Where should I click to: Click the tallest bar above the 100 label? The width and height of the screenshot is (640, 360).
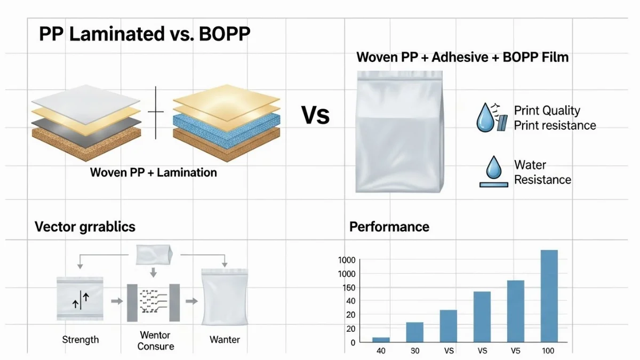[x=549, y=296]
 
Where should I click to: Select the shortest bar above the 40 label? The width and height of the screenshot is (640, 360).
[x=381, y=340]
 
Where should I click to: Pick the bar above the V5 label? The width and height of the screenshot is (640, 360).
[x=516, y=311]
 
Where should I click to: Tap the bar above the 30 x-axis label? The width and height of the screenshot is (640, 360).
[x=414, y=332]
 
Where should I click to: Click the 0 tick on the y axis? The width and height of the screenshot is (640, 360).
[x=353, y=342]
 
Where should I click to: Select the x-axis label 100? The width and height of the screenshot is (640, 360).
[x=548, y=350]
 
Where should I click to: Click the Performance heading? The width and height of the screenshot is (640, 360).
[x=389, y=227]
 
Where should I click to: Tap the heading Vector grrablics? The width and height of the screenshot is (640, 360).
[x=85, y=227]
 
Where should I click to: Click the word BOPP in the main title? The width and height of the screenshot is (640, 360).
[x=225, y=34]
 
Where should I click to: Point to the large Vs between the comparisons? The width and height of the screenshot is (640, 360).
[x=315, y=115]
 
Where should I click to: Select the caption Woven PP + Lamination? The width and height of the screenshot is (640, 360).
[x=154, y=172]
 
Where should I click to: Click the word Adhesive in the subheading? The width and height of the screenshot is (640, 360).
[x=460, y=57]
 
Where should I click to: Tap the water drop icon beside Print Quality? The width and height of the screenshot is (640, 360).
[x=485, y=118]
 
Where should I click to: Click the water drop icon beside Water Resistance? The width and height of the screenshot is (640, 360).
[x=494, y=166]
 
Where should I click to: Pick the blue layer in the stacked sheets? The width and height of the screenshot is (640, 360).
[x=226, y=130]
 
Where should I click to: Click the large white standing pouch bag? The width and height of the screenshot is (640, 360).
[x=399, y=132]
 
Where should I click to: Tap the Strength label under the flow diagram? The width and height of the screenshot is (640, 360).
[x=81, y=340]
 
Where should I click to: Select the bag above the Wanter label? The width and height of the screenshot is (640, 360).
[x=225, y=297]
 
